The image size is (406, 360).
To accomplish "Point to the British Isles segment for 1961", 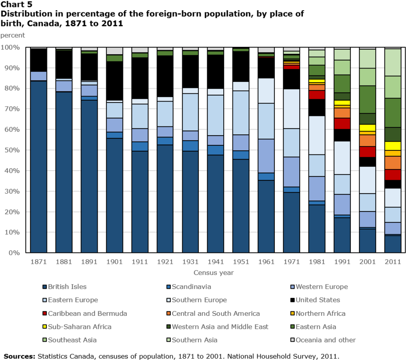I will point(266,216).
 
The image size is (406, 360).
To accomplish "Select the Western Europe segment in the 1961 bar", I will point(266,156).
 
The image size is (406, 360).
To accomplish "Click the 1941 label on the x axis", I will point(215,263).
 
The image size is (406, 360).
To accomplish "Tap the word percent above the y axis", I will point(12,35).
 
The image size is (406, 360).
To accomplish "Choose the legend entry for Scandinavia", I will point(191,286).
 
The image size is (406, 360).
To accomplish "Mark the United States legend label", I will point(318,300).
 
